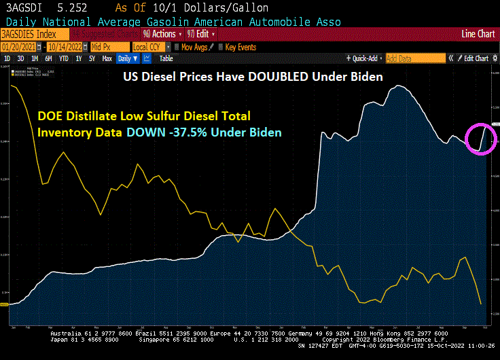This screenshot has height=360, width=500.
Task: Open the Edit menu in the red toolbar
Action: coord(202,34)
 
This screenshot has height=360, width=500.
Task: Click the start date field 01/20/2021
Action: coord(18,47)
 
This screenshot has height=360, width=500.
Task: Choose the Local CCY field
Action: coord(148,47)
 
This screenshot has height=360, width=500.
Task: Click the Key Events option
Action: coord(240,47)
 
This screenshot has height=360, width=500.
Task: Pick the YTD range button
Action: coord(64,58)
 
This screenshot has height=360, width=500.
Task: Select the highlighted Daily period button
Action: coord(126,58)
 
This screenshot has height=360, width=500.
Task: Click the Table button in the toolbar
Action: coord(166,58)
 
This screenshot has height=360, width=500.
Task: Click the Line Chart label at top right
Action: coord(478,34)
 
